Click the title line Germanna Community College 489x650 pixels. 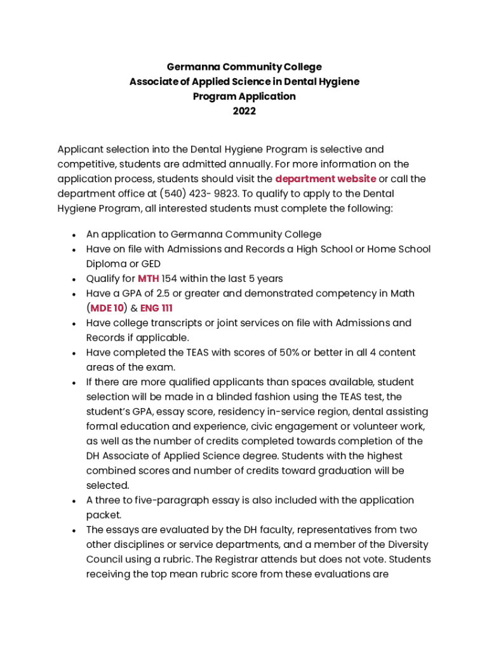pyautogui.click(x=244, y=67)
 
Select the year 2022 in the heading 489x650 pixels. pyautogui.click(x=244, y=111)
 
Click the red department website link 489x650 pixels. pyautogui.click(x=325, y=179)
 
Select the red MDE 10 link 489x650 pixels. pyautogui.click(x=107, y=308)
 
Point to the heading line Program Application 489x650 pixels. pyautogui.click(x=244, y=96)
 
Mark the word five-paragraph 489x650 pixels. pyautogui.click(x=173, y=500)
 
